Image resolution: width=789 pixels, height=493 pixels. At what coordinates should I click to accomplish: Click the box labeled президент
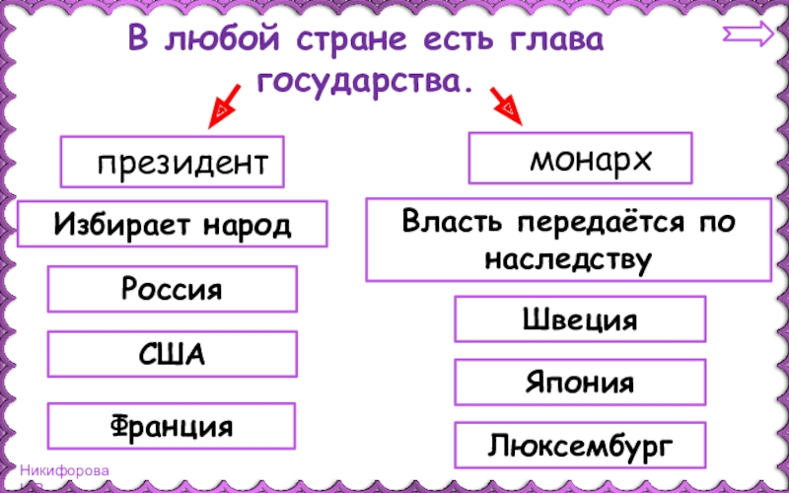(173, 162)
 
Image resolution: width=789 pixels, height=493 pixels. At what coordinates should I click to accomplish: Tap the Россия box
(173, 290)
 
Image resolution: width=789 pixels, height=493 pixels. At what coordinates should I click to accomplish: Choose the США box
(173, 354)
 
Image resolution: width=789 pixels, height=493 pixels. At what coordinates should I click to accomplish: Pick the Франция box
(173, 426)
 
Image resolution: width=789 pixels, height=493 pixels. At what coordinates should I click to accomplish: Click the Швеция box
(580, 319)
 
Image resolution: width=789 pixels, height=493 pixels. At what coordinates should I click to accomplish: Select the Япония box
(580, 383)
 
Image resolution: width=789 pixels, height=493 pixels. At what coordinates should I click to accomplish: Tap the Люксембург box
(580, 446)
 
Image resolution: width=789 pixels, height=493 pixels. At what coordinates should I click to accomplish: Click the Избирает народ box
(173, 225)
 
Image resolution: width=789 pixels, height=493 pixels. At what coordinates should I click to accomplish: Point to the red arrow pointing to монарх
(507, 106)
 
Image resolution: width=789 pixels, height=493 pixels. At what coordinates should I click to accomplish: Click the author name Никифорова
(66, 471)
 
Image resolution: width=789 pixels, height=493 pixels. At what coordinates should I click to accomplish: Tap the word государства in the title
(360, 83)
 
